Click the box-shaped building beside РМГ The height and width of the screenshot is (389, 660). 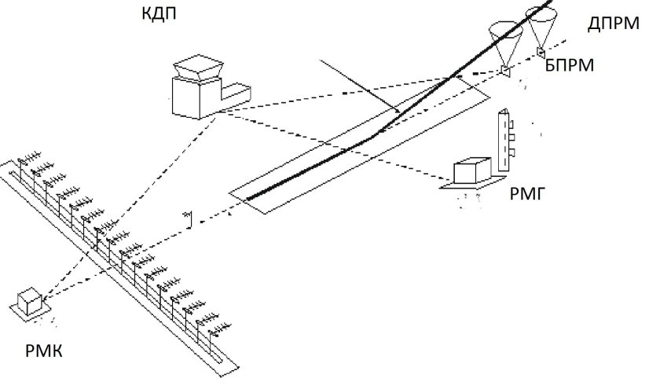point(472,172)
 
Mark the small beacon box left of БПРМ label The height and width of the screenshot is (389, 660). point(504,72)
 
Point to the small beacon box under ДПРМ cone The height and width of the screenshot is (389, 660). point(541,53)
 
